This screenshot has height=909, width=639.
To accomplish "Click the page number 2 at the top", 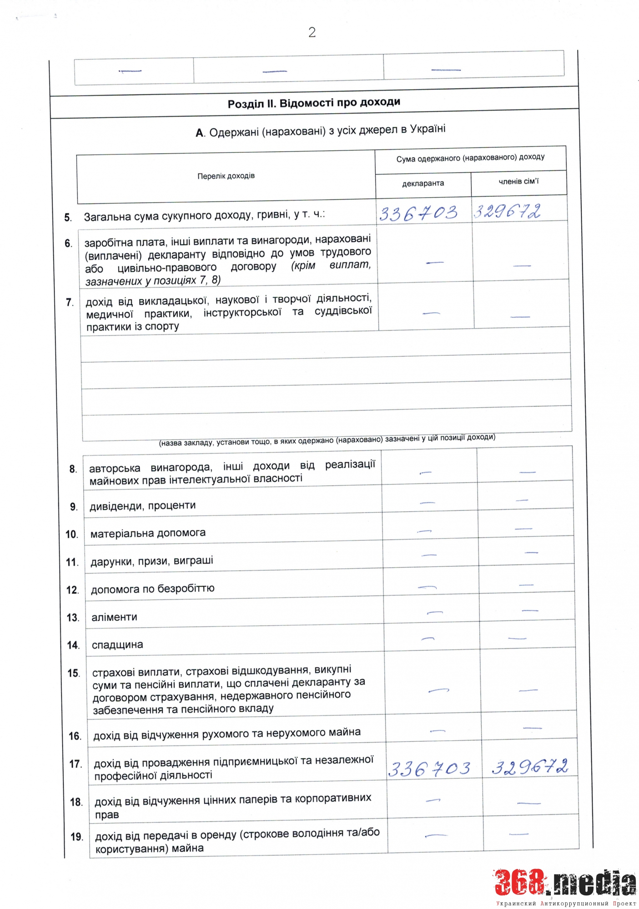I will click(312, 32).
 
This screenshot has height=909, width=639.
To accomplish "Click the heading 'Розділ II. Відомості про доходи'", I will click(314, 103).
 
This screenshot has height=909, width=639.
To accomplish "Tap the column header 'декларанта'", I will click(423, 184).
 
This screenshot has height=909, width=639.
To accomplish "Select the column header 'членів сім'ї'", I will click(518, 182).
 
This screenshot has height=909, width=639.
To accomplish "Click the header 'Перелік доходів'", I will click(226, 176).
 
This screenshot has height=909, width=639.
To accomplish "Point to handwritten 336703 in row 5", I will click(418, 213).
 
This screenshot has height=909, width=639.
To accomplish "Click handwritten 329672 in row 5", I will click(508, 211).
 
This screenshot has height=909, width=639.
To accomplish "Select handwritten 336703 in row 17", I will click(429, 769).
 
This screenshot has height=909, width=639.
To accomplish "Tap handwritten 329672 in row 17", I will click(530, 767).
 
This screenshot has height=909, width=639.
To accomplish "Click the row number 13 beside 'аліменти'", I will click(73, 618).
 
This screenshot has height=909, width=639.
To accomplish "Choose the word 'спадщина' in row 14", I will click(117, 644).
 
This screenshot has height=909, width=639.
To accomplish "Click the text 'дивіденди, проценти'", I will click(143, 506).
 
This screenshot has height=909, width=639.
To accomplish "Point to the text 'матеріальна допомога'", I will click(148, 533).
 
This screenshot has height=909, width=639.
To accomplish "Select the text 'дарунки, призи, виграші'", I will click(152, 561).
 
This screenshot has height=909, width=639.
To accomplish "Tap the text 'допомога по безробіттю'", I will click(153, 589).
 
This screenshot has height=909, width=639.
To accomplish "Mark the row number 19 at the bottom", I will click(77, 837).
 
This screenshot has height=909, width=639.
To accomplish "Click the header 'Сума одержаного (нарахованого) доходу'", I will click(470, 158).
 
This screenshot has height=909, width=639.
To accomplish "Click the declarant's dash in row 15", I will click(438, 690).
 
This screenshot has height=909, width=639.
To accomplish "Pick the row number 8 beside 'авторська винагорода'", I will click(73, 469).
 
